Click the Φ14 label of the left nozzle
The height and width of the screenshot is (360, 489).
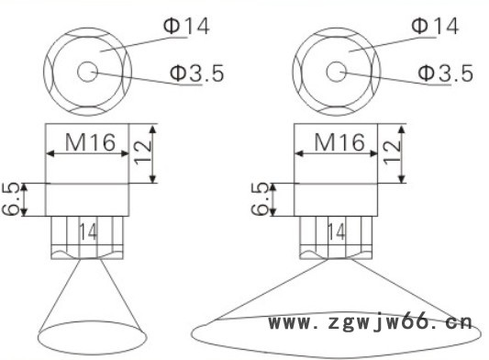tap(186, 26)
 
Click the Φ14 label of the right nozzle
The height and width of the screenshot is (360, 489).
tap(435, 26)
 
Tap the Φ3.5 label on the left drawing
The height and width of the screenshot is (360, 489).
tap(196, 73)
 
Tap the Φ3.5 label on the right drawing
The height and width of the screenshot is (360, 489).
tap(445, 73)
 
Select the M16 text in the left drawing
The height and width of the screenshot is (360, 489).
tap(91, 142)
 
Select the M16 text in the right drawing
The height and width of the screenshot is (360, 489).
tap(339, 142)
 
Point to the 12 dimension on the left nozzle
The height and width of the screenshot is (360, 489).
tap(142, 152)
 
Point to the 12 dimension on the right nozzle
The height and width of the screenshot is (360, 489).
tap(392, 152)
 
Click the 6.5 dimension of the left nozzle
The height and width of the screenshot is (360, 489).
tap(11, 199)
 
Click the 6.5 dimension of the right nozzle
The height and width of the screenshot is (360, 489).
tap(260, 199)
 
